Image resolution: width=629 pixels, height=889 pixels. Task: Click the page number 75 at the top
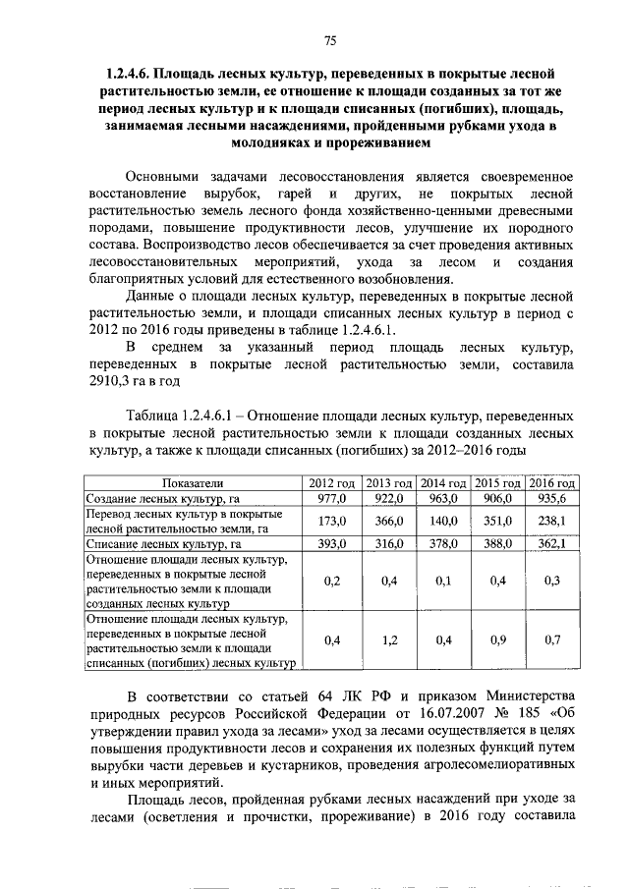[330, 40]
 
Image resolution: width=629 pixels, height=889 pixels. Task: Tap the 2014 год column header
[443, 484]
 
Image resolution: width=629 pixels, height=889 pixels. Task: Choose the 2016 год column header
[551, 484]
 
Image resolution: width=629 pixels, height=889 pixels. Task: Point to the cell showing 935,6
[551, 498]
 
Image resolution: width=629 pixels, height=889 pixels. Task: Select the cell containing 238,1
[551, 521]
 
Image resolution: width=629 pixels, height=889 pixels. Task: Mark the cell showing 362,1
[551, 543]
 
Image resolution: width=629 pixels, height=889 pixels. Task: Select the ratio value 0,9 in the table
[497, 640]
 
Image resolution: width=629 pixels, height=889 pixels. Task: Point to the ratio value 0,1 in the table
[443, 581]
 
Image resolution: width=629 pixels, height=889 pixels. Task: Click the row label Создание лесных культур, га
[162, 499]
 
